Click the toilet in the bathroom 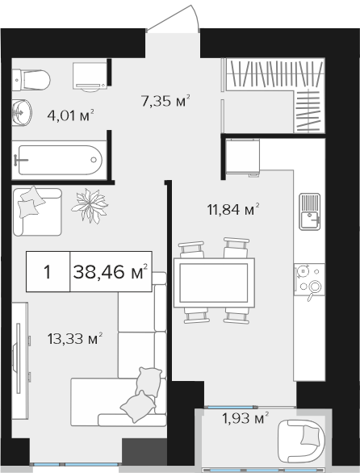point(31,80)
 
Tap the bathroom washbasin point(22,112)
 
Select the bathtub point(60,160)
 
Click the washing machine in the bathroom point(90,77)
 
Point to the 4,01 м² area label point(70,115)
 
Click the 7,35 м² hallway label point(165,101)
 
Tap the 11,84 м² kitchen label point(233,209)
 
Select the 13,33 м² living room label point(75,338)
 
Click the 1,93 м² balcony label point(245,418)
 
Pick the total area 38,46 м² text point(111,272)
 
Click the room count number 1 point(48,272)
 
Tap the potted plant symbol point(90,206)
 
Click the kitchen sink point(310,211)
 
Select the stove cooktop point(310,279)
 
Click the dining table point(214,283)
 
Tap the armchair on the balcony point(301,442)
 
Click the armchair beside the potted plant point(37,211)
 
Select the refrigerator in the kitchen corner point(243,157)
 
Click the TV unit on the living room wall point(20,361)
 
